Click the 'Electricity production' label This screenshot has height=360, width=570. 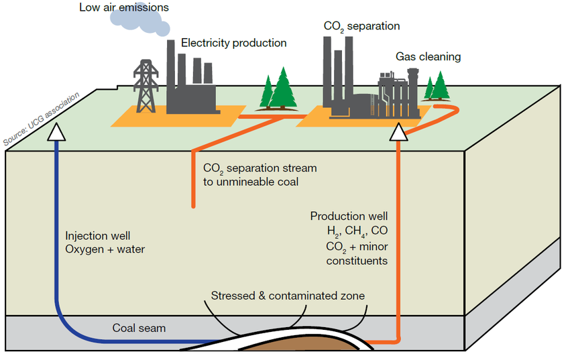[x=233, y=43]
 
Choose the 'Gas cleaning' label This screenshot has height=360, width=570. [x=428, y=57]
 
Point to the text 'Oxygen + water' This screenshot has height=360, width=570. [x=105, y=249]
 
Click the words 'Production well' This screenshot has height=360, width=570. [x=349, y=217]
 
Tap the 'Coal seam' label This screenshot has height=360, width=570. [x=139, y=328]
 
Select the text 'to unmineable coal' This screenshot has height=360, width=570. [x=251, y=182]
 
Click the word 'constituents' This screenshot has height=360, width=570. [x=357, y=261]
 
